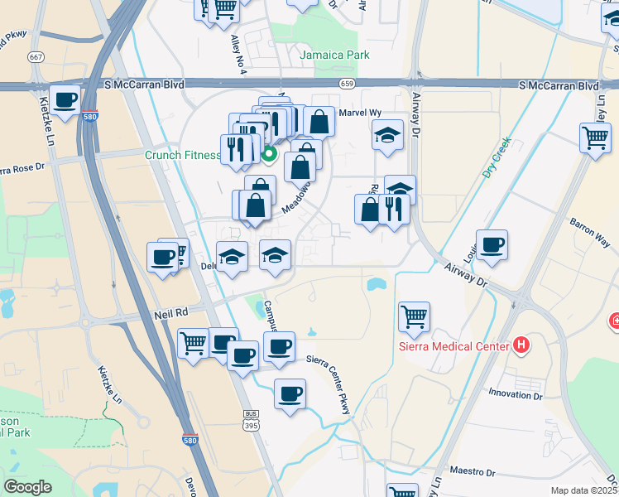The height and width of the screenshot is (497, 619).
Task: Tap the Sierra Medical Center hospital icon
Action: coord(521,344)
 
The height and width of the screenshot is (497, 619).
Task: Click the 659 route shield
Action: coord(347,84)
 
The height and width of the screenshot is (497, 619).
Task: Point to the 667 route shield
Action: coord(35,57)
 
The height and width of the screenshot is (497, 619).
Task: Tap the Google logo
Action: coord(28,487)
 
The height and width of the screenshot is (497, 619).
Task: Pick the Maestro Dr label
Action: coord(472,472)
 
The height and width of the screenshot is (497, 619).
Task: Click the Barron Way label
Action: coord(589,229)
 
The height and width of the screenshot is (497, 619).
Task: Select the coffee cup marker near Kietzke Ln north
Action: coord(65,99)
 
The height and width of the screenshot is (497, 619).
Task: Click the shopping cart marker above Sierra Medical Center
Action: coord(414,315)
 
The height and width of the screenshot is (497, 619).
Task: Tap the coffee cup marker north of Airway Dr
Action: coord(492,244)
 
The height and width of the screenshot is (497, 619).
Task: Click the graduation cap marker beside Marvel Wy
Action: coord(387,135)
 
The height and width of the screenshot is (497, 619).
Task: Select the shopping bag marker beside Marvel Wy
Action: coord(319,121)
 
